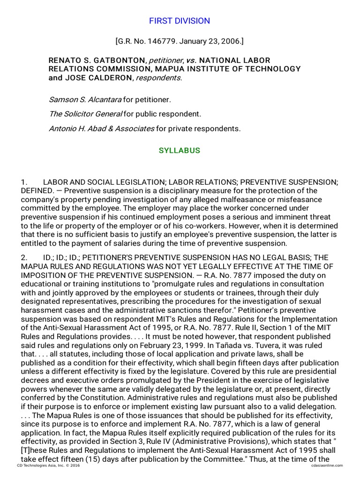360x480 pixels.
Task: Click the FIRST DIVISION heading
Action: pyautogui.click(x=180, y=21)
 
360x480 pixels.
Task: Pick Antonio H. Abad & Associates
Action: pyautogui.click(x=101, y=128)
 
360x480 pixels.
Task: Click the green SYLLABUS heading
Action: pyautogui.click(x=180, y=150)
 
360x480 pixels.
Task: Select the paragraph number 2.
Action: pyautogui.click(x=24, y=257)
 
